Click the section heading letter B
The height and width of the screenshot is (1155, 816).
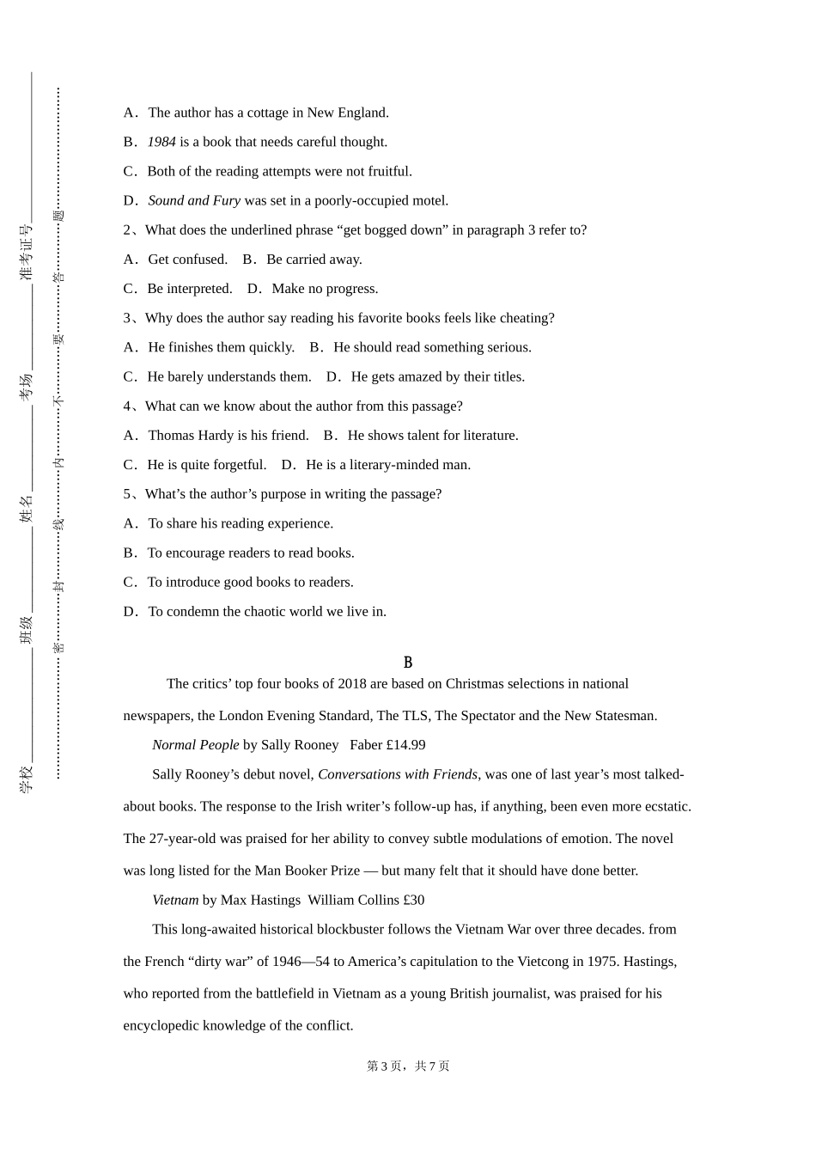point(408,663)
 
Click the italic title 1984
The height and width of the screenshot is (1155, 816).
point(161,142)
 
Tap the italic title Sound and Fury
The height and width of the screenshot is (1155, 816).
point(194,200)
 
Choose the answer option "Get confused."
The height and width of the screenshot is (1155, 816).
point(187,259)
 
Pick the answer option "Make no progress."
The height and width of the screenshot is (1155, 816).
point(325,289)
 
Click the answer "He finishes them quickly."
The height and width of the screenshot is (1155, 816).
point(221,347)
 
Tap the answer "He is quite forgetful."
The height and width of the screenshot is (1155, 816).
point(206,465)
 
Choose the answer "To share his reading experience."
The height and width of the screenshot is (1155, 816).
point(241,523)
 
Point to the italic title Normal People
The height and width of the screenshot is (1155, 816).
point(195,745)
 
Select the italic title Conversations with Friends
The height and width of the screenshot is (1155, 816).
point(398,774)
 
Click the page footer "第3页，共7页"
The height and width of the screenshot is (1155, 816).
point(408,1066)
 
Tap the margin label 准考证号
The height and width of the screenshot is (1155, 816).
point(26,252)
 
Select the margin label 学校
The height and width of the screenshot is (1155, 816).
point(26,779)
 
